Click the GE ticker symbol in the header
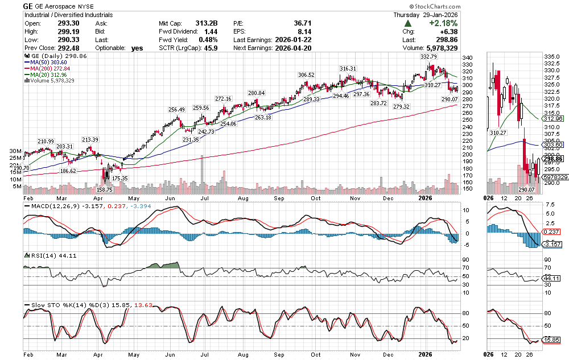(x=28, y=6)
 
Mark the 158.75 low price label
(x=105, y=190)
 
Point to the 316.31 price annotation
(x=348, y=69)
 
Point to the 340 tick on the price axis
(x=467, y=58)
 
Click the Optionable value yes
(x=137, y=48)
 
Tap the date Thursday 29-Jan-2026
(x=426, y=15)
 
